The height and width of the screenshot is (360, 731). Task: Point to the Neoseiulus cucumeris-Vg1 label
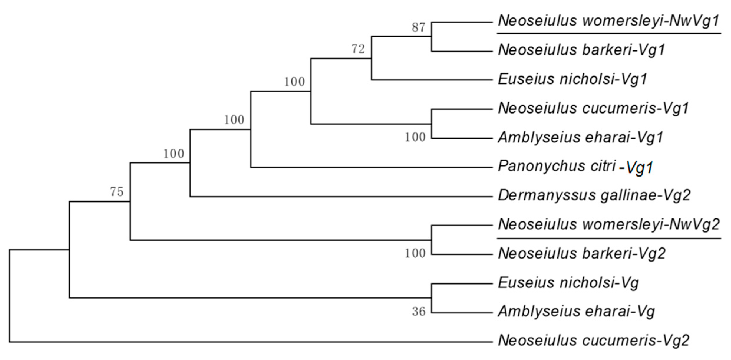[593, 109]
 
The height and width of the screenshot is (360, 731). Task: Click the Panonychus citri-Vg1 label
[575, 167]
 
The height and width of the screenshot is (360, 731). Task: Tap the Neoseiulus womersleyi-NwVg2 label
[609, 225]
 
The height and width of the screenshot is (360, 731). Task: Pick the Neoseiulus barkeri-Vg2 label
[582, 254]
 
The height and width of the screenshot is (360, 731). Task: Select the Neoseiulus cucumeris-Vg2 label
[593, 341]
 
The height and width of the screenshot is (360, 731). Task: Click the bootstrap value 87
[418, 28]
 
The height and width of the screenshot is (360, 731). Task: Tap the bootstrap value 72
[358, 49]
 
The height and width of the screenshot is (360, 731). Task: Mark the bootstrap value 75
[117, 192]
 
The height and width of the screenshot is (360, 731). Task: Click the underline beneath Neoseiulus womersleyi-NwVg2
[609, 238]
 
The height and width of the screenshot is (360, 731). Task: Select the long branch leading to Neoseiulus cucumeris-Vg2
[250, 342]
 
